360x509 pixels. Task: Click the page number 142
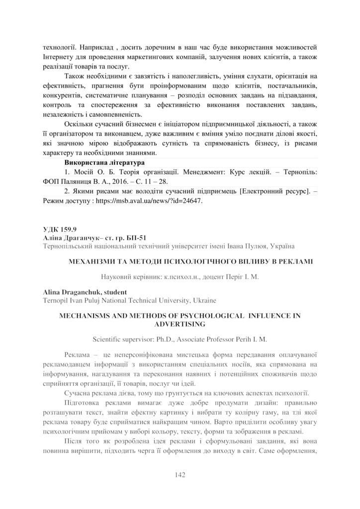(180, 475)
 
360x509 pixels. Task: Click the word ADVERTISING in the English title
(180, 324)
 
